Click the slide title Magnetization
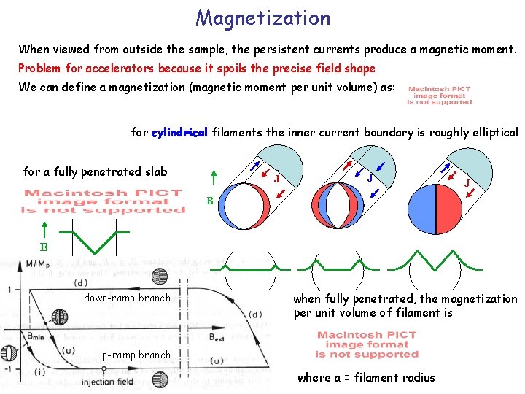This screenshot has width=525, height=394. click(x=262, y=18)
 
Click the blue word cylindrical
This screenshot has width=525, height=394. click(x=179, y=132)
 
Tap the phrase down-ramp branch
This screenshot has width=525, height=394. click(x=127, y=298)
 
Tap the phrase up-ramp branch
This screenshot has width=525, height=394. click(x=133, y=355)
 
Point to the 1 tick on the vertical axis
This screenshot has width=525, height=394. click(x=8, y=289)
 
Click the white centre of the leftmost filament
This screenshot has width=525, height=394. click(x=239, y=206)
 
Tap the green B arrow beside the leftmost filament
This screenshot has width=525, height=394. click(x=212, y=178)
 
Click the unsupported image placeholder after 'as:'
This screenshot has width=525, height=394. click(x=439, y=96)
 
